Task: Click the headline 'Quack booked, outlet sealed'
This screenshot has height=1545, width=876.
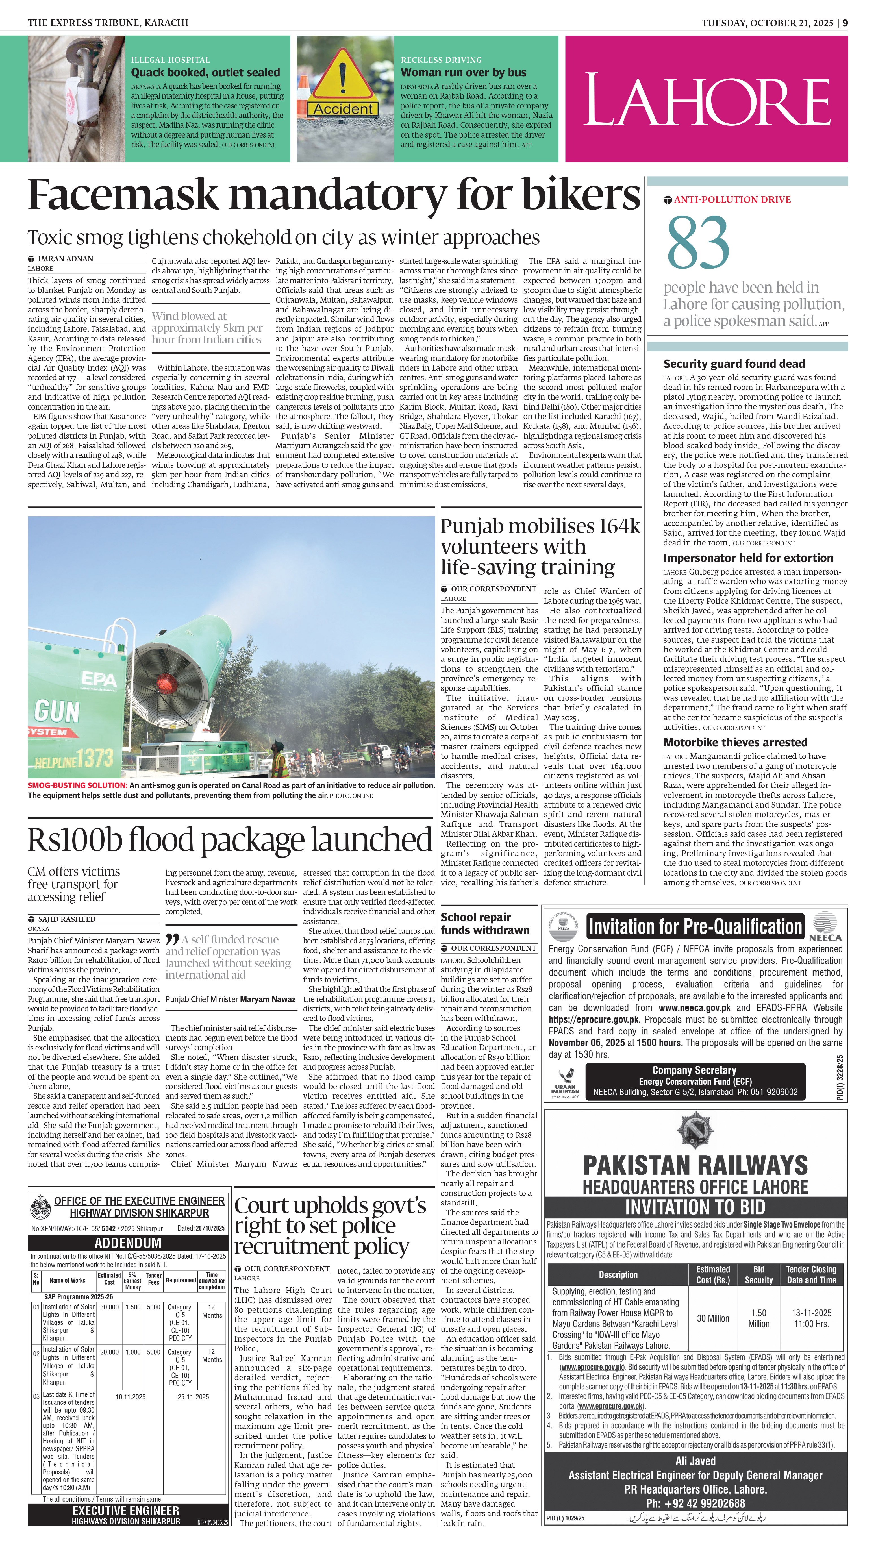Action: pyautogui.click(x=206, y=72)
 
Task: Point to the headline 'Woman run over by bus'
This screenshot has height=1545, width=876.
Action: pyautogui.click(x=463, y=72)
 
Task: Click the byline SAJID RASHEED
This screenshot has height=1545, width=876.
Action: pyautogui.click(x=66, y=919)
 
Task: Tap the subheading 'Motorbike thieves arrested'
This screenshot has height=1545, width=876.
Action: pyautogui.click(x=735, y=742)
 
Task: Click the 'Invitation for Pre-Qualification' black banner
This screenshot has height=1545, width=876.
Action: pyautogui.click(x=695, y=927)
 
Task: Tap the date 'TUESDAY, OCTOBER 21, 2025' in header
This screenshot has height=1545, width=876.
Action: pyautogui.click(x=767, y=23)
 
